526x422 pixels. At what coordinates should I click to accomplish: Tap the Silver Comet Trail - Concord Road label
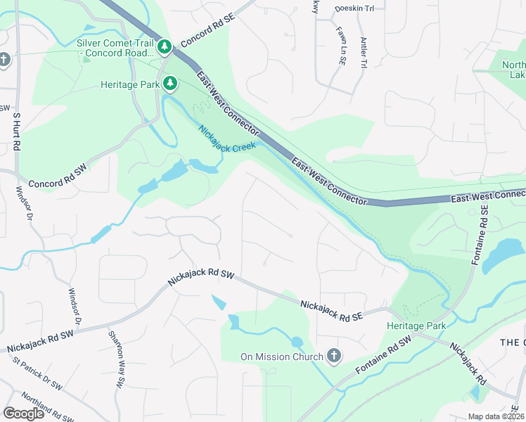tap(115, 48)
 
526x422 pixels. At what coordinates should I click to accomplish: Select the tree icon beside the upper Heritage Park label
tap(169, 84)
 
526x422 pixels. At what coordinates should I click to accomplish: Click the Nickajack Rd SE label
tap(331, 311)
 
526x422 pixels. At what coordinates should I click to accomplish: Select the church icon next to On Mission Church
tap(334, 357)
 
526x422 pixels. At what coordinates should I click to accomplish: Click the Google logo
tap(23, 414)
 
